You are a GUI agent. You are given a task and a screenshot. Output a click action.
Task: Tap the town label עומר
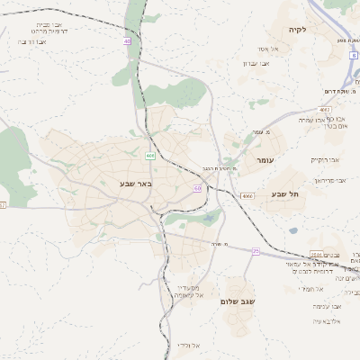(x=264, y=159)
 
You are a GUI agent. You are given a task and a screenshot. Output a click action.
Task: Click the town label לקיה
(x=298, y=30)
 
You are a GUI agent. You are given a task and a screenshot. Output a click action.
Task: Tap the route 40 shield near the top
(x=127, y=41)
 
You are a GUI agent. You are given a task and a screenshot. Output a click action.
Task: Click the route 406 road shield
(x=149, y=156)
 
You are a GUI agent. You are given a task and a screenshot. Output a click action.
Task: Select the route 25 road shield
(x=256, y=251)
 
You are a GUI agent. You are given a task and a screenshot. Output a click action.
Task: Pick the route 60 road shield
(x=197, y=188)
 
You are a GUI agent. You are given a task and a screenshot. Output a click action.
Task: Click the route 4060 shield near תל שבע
(x=247, y=194)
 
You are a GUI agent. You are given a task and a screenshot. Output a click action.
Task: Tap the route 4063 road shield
(x=324, y=109)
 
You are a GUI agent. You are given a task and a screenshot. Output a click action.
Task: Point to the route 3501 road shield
(x=316, y=255)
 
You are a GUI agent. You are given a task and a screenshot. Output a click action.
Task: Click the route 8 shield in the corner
(x=354, y=55)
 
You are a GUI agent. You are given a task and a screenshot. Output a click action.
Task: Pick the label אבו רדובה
(x=33, y=41)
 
